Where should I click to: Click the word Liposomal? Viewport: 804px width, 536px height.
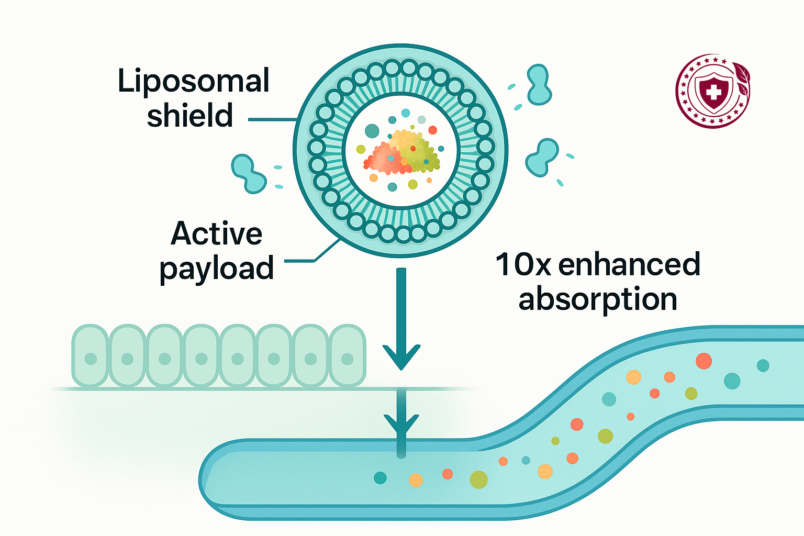[193, 82]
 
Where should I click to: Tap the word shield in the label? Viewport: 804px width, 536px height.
[189, 116]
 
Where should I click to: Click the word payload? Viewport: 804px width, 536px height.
[216, 269]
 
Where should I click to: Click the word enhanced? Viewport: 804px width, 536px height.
[629, 264]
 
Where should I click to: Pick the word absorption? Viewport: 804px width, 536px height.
[598, 299]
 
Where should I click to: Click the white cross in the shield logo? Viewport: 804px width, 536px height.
[713, 93]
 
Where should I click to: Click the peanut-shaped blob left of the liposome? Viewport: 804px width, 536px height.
[249, 173]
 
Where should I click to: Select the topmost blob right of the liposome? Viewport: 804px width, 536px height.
[539, 84]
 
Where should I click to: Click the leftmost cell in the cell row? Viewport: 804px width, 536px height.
[90, 356]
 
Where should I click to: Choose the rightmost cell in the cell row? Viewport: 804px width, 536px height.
[347, 356]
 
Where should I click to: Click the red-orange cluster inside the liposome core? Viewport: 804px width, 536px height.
[386, 159]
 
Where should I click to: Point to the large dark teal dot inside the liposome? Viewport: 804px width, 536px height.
[372, 130]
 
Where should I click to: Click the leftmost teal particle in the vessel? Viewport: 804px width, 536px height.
[380, 477]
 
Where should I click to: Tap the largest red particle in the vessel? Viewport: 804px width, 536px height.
[703, 361]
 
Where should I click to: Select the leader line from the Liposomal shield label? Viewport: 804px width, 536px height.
[271, 120]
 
